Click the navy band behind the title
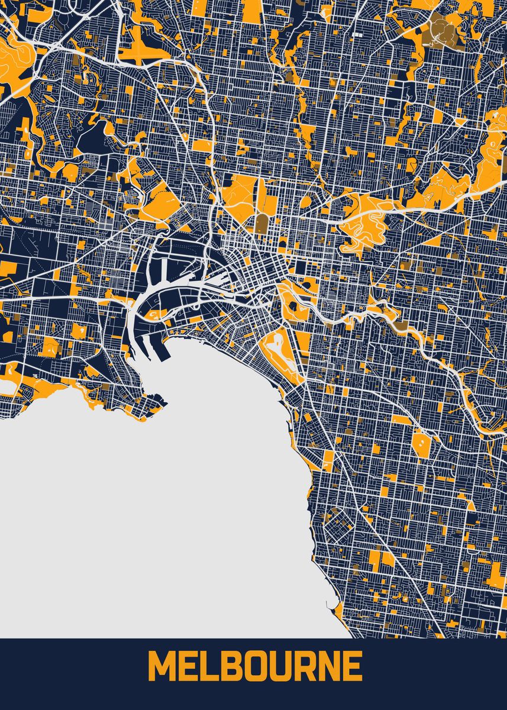tap(59, 674)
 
